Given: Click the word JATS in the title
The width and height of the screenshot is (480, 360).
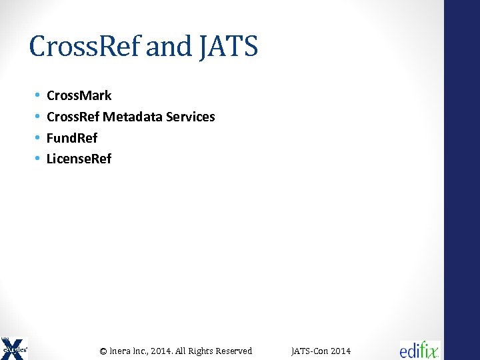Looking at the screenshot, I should (x=228, y=47).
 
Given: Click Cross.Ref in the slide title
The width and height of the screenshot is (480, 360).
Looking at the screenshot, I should (x=85, y=47).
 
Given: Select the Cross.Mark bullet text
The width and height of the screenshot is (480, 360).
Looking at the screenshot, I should (x=79, y=95).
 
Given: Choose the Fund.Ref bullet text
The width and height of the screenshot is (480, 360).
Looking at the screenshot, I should (x=72, y=138).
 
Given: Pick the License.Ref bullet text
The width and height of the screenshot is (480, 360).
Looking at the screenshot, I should (x=79, y=159).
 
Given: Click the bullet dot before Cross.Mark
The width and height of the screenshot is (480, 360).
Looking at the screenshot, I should (x=37, y=96).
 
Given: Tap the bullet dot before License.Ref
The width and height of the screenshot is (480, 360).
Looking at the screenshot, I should (x=37, y=159).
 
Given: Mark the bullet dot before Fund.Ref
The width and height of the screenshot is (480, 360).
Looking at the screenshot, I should (x=37, y=138).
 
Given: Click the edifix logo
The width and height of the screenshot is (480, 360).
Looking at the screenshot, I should (x=419, y=349).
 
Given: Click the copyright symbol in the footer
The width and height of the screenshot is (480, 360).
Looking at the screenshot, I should (x=103, y=351).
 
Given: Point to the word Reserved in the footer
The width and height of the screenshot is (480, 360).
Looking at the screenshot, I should (x=233, y=351).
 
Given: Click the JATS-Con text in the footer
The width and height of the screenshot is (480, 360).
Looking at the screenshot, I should (x=309, y=351).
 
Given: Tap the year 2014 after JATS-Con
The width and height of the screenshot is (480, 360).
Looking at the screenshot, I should (x=340, y=351).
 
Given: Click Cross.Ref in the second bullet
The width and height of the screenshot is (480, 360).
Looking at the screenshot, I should (x=73, y=117).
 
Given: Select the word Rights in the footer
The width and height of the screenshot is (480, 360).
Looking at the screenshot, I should (x=201, y=351).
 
